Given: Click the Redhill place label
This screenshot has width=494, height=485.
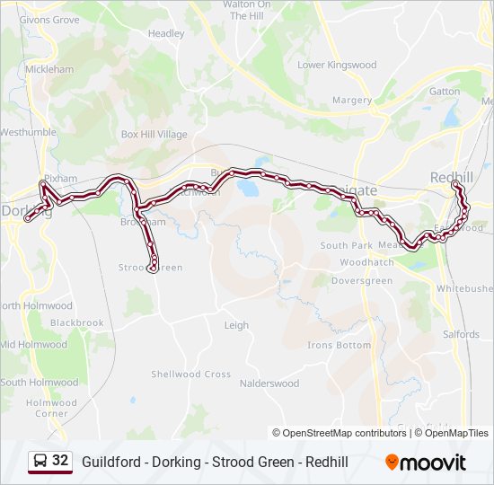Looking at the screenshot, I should pyautogui.click(x=451, y=177).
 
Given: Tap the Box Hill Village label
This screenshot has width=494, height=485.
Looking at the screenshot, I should pyautogui.click(x=154, y=135).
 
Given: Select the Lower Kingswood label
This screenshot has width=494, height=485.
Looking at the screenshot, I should pyautogui.click(x=337, y=65).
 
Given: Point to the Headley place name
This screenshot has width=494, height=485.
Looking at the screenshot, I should pyautogui.click(x=166, y=34).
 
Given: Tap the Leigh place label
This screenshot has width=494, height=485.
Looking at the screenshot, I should pyautogui.click(x=236, y=325).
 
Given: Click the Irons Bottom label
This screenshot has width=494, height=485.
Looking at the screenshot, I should pyautogui.click(x=339, y=345).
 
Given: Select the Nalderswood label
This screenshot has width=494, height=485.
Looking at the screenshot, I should pyautogui.click(x=269, y=384).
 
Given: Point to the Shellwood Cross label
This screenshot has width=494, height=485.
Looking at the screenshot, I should pyautogui.click(x=190, y=375).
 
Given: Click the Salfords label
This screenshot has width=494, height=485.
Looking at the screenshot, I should pyautogui.click(x=461, y=334).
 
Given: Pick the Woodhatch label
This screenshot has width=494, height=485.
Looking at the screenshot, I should pyautogui.click(x=366, y=262).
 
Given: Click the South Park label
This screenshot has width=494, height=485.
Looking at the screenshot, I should pyautogui.click(x=346, y=245).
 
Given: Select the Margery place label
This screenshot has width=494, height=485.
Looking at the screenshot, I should pyautogui.click(x=351, y=101).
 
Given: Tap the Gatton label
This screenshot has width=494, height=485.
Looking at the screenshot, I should pyautogui.click(x=445, y=92).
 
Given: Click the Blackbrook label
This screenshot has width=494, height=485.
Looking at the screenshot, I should pyautogui.click(x=77, y=322).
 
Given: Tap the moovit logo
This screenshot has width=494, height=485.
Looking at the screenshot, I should pyautogui.click(x=426, y=463).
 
